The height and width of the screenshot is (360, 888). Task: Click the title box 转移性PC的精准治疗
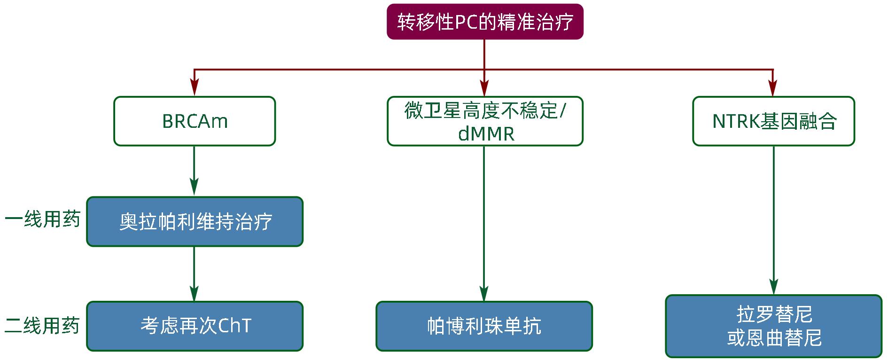coord(485,22)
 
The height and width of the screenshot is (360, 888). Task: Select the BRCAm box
coord(195,121)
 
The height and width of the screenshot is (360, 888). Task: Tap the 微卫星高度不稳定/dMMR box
coord(485,121)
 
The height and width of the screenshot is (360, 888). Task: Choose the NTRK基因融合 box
coord(773,121)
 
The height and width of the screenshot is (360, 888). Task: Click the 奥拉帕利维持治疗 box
coord(195,222)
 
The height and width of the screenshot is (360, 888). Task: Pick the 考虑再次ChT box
coord(195,326)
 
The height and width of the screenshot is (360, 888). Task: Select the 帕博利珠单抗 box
coord(484,326)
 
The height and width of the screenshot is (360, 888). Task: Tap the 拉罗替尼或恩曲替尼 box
coord(773,326)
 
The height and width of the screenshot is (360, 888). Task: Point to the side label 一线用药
coord(43,219)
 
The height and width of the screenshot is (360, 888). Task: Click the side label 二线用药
coord(43,326)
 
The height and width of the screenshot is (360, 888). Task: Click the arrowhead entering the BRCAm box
coord(195,88)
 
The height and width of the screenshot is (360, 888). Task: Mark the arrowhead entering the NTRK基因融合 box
coord(773,88)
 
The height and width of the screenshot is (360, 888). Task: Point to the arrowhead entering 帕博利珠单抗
coord(484,293)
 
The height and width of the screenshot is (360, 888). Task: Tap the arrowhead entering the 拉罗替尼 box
coord(773,287)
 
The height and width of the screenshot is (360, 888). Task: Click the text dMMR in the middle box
coord(486,134)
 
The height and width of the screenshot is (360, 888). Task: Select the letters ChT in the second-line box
coord(235,326)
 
